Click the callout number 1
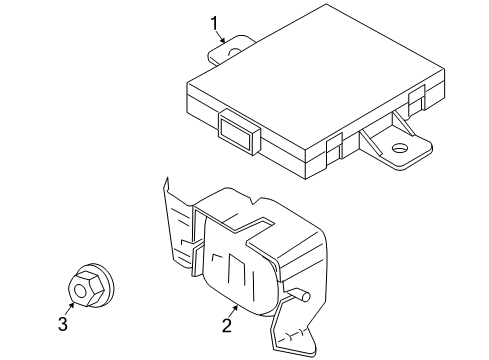pyautogui.click(x=213, y=21)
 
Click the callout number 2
pyautogui.click(x=227, y=324)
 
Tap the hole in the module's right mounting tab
pyautogui.click(x=399, y=149)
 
